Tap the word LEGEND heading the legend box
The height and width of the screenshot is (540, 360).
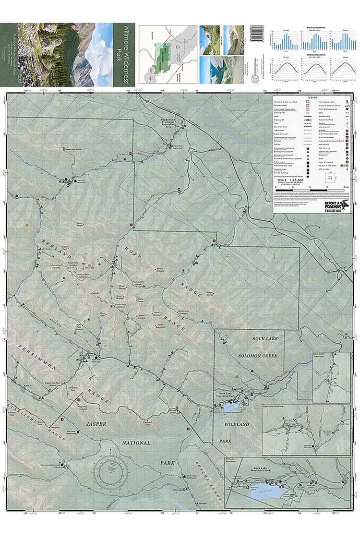(306, 96)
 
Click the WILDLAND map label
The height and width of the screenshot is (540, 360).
(237, 424)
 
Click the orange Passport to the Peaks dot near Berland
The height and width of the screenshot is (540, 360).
(89, 265)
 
